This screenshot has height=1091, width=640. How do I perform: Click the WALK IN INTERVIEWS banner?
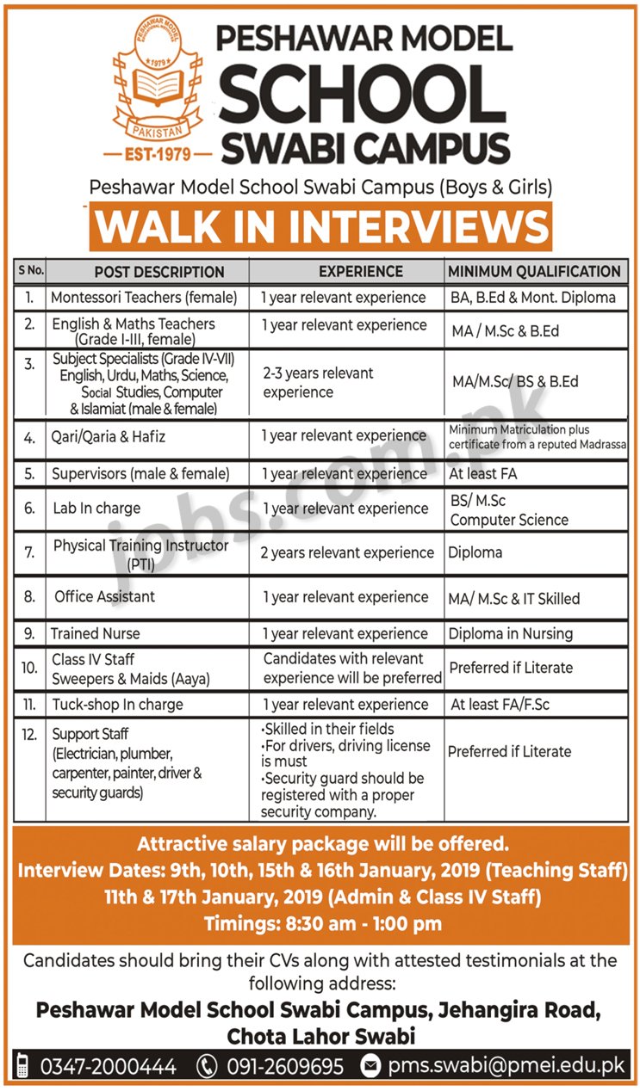(x=320, y=227)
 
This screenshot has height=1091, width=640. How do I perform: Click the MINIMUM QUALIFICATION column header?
(x=534, y=271)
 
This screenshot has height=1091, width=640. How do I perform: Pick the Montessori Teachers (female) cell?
(x=144, y=298)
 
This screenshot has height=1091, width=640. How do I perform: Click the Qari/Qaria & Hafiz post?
(x=109, y=437)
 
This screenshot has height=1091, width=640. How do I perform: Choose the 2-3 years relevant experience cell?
(x=319, y=382)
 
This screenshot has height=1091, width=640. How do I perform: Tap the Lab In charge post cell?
(x=96, y=509)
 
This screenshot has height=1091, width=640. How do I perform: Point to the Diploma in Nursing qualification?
(x=511, y=633)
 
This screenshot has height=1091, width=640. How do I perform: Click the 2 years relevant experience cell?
(x=347, y=552)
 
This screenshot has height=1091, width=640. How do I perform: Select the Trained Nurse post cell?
(x=96, y=633)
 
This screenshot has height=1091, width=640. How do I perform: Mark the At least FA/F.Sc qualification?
(x=500, y=705)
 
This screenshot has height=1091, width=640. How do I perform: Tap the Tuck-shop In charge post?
(x=117, y=705)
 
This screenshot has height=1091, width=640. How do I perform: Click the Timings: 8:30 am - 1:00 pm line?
(x=322, y=925)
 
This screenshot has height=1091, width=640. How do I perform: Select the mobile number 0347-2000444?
(x=108, y=1067)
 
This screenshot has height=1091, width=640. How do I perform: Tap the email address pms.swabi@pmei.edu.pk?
(x=506, y=1067)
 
